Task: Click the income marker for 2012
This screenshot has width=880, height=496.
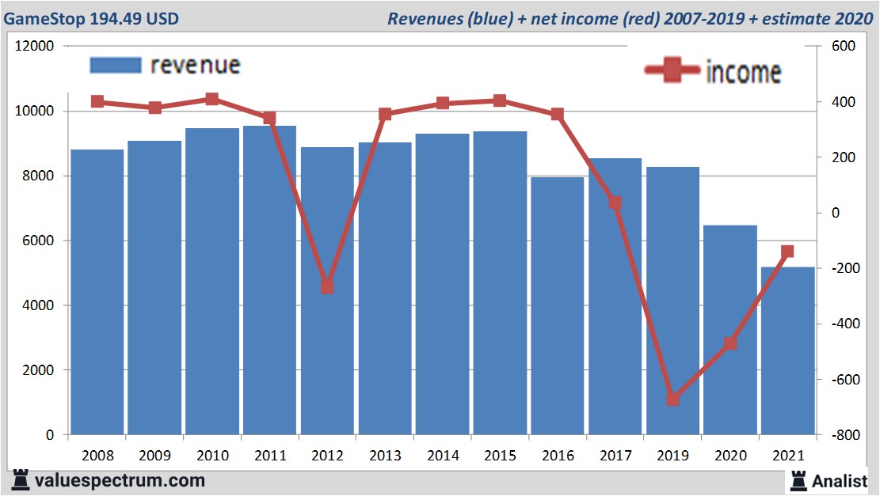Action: pos(327,286)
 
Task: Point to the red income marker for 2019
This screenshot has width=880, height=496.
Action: pos(672,399)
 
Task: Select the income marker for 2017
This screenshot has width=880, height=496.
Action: pos(615,203)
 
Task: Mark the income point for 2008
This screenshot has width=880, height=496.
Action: pos(97,101)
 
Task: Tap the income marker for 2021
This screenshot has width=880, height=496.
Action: pos(787,252)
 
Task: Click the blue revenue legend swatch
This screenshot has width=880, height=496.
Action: pos(115,65)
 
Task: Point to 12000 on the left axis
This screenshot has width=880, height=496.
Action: pos(35,46)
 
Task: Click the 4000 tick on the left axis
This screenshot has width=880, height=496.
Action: pos(38,305)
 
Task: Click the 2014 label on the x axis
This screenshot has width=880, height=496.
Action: pos(443,456)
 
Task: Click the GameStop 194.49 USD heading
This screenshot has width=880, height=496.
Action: pos(91,18)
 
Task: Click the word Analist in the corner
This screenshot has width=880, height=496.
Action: pos(839,480)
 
